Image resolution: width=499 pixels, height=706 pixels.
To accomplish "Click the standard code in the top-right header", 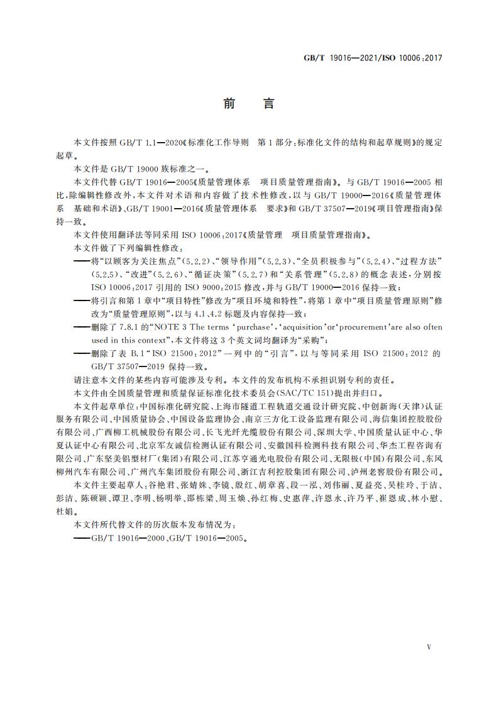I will [373, 57].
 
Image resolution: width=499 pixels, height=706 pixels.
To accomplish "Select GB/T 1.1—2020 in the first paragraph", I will [146, 143].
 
